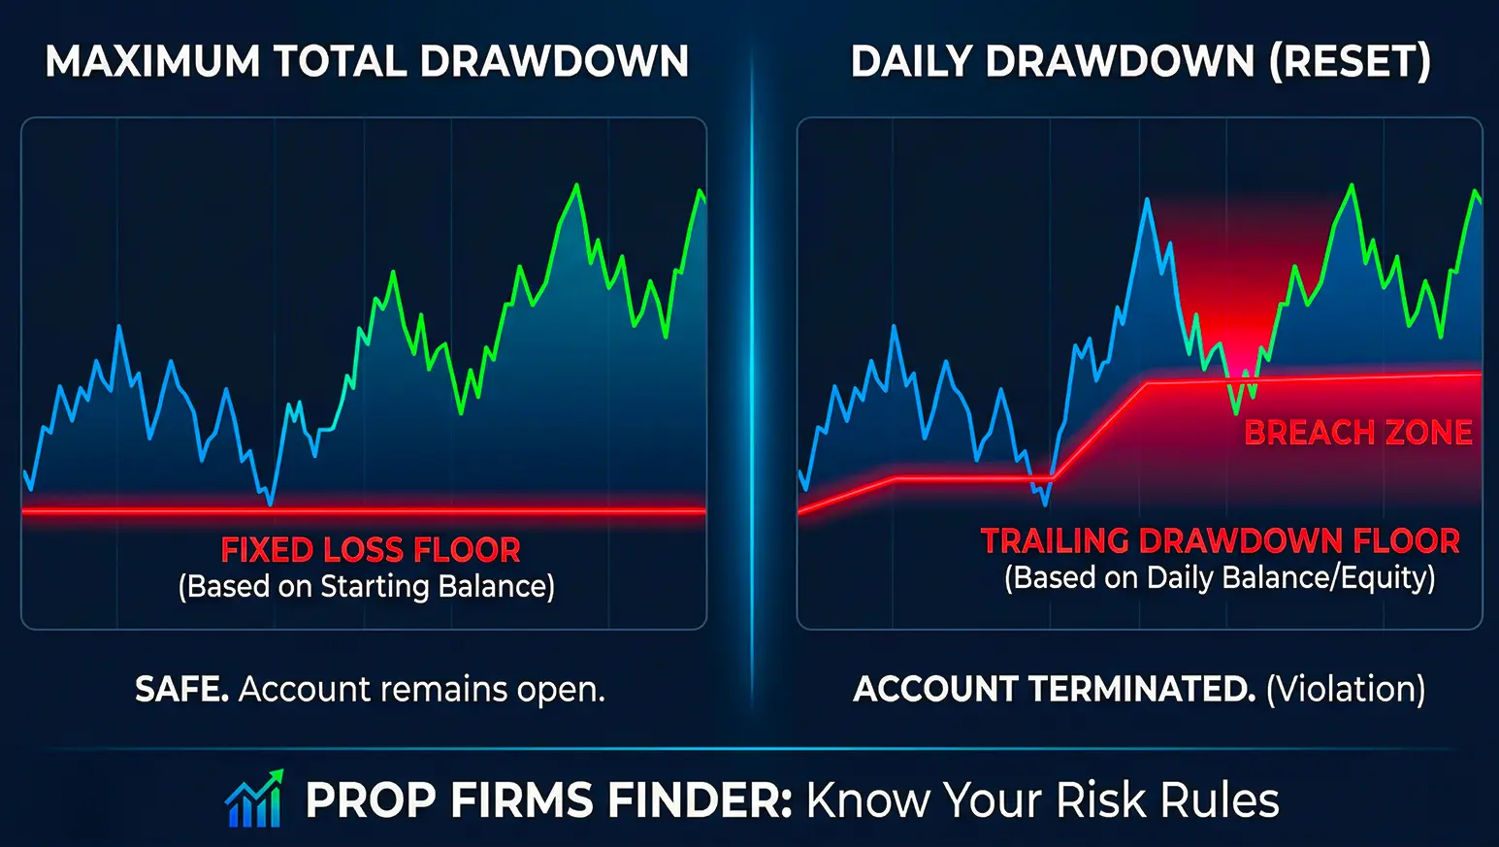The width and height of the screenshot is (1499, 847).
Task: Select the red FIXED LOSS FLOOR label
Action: point(370,550)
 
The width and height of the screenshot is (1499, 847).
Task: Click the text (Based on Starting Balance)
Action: point(366,587)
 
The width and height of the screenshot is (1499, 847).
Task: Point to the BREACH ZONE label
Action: point(1357,433)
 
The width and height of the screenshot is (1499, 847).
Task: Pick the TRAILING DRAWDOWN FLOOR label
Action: point(1220,541)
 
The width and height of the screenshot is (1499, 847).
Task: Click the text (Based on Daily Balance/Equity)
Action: point(1220,578)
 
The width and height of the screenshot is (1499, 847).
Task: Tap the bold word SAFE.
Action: point(181,690)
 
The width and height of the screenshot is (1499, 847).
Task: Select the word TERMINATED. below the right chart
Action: point(1142,690)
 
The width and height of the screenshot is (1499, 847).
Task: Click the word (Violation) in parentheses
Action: point(1346,690)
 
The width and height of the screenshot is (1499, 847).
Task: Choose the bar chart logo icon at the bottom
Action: point(254,798)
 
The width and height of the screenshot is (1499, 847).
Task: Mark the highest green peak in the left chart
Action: point(577,185)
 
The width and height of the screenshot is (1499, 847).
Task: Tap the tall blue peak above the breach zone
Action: point(1147,201)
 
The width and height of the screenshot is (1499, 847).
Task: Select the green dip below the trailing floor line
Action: point(1236,411)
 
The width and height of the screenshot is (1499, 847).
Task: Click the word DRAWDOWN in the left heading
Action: point(554,62)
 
